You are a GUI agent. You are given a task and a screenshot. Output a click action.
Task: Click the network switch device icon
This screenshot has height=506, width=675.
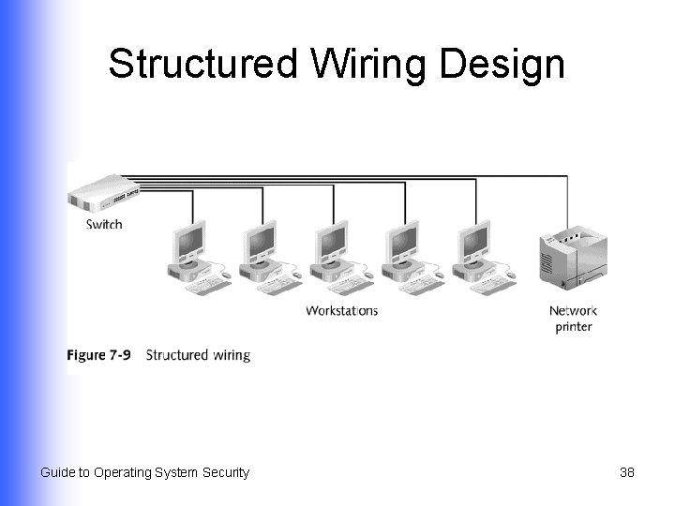click(103, 195)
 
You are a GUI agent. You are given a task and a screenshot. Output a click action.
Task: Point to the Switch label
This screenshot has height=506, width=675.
click(104, 224)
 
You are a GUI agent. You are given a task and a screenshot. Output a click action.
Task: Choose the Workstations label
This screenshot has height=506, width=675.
click(341, 310)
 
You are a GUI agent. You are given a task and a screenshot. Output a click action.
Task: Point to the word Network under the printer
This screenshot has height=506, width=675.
click(573, 311)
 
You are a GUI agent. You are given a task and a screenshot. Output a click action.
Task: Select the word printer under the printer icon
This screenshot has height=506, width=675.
click(573, 327)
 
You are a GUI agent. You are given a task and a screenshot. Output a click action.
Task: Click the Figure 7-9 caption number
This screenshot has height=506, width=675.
click(98, 355)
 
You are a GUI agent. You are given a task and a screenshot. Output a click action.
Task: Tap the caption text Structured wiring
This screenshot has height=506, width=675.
click(199, 355)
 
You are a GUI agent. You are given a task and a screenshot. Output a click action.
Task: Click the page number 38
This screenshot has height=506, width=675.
click(627, 472)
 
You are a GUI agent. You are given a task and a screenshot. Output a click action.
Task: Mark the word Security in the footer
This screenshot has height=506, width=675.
click(226, 472)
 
